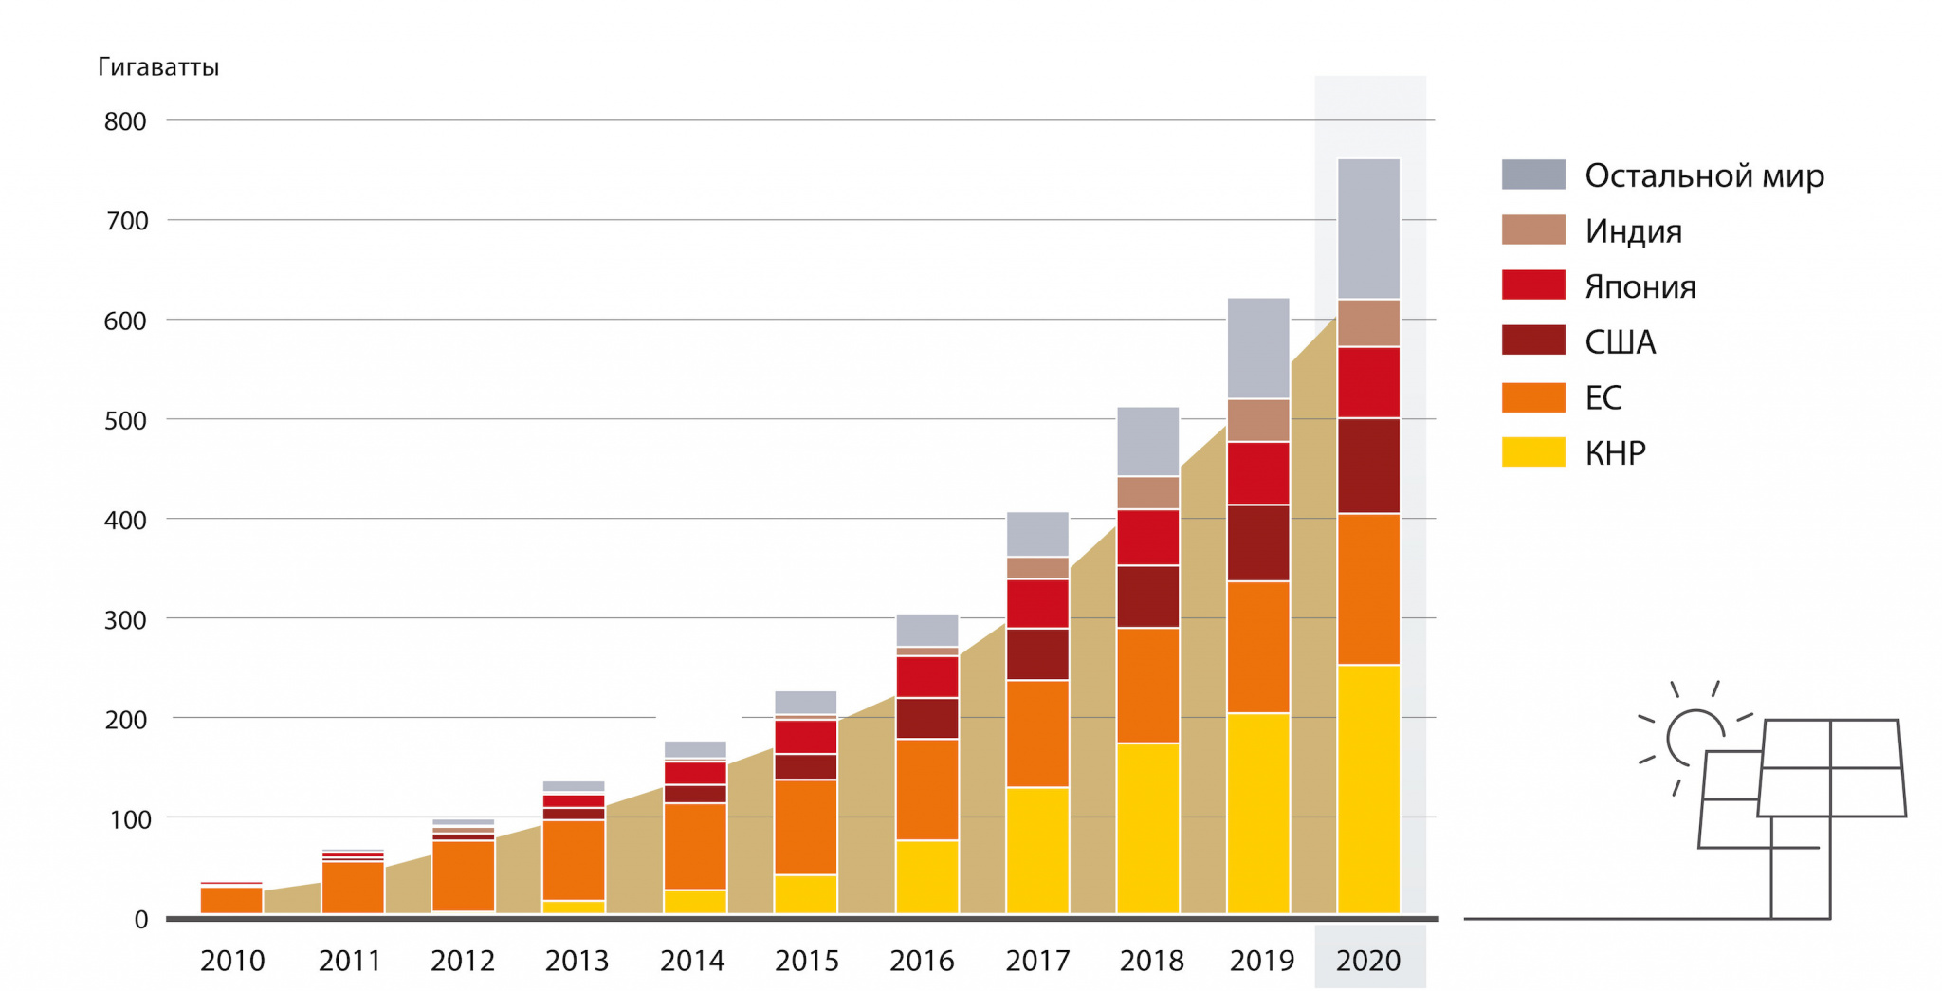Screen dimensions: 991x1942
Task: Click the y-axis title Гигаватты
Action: pyautogui.click(x=158, y=67)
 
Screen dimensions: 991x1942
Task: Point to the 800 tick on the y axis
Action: pyautogui.click(x=125, y=121)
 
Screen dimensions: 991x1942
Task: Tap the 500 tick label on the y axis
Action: pyautogui.click(x=125, y=420)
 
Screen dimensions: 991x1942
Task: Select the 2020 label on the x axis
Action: pyautogui.click(x=1367, y=961)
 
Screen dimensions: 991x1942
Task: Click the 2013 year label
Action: pyautogui.click(x=577, y=961)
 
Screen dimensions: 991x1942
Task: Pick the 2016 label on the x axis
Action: pyautogui.click(x=922, y=961)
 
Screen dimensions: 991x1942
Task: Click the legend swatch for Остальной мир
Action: pyautogui.click(x=1532, y=175)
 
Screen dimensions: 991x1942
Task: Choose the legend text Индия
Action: pyautogui.click(x=1633, y=231)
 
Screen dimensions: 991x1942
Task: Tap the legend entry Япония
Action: pyautogui.click(x=1640, y=286)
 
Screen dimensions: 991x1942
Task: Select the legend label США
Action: pyautogui.click(x=1620, y=342)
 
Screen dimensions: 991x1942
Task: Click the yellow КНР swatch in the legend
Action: pyautogui.click(x=1532, y=452)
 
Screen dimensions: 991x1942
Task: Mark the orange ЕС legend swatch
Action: pyautogui.click(x=1532, y=397)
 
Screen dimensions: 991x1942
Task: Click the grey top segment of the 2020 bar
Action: pyautogui.click(x=1368, y=229)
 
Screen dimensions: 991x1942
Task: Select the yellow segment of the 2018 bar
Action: pyautogui.click(x=1147, y=828)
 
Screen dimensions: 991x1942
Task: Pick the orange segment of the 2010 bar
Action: pyautogui.click(x=231, y=900)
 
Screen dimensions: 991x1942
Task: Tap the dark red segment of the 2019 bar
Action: pyautogui.click(x=1258, y=542)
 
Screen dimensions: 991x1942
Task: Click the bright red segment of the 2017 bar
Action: pyautogui.click(x=1037, y=603)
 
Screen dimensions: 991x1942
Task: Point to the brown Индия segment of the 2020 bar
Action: pyautogui.click(x=1368, y=323)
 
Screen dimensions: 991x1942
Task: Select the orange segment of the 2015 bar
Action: pyautogui.click(x=805, y=827)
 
